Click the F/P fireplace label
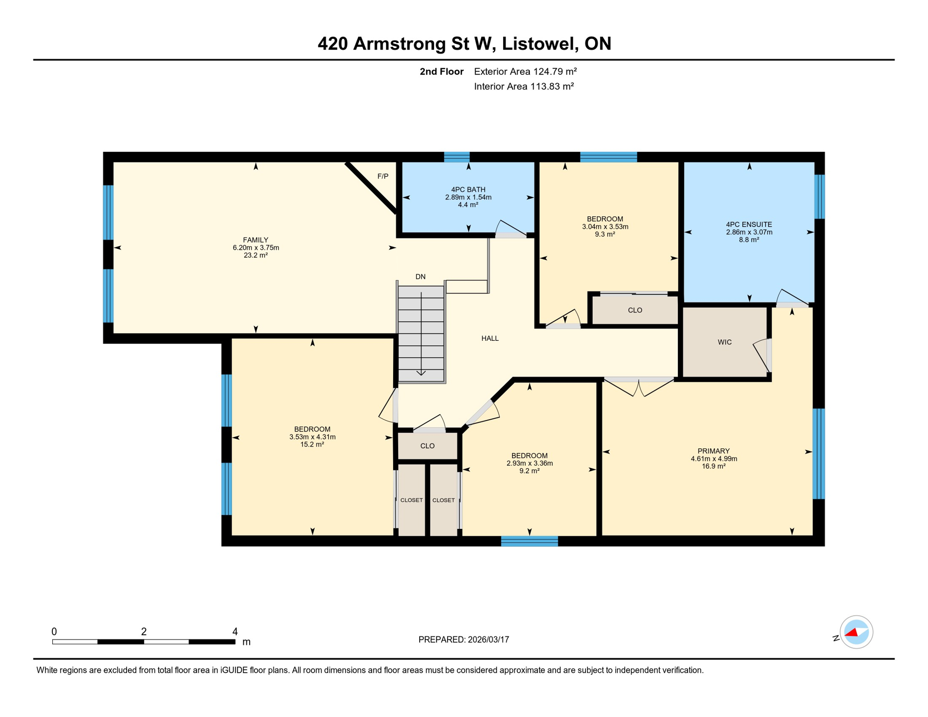[382, 176]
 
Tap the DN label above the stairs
[420, 276]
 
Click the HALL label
[490, 338]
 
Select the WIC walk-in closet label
[724, 342]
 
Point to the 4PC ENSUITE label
[748, 224]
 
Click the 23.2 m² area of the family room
[255, 255]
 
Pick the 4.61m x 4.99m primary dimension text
[713, 458]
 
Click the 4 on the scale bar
[235, 631]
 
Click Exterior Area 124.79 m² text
[525, 71]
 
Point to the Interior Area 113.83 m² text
[523, 86]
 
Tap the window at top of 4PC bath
[456, 157]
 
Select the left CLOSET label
[411, 500]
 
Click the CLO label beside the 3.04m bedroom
[634, 310]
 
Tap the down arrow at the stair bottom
[421, 372]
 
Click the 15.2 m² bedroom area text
[312, 444]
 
